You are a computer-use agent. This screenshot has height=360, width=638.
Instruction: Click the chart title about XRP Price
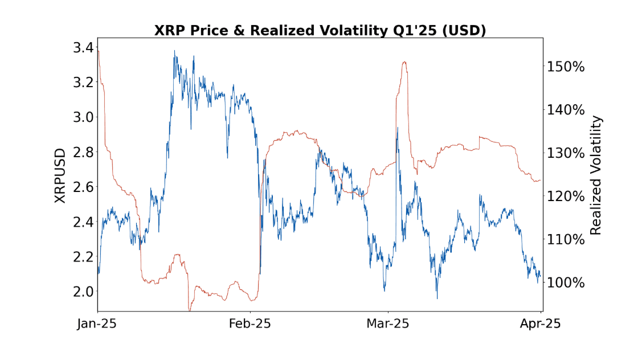320,30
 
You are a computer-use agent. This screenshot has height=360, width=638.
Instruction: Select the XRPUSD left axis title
60,175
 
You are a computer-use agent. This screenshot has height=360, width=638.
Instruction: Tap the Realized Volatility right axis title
596,175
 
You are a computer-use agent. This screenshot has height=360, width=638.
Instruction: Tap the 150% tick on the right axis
566,67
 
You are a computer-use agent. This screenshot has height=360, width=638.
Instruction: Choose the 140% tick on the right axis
566,110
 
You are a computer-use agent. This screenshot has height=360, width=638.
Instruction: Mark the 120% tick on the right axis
566,197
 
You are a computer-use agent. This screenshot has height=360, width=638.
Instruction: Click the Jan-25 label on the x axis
97,324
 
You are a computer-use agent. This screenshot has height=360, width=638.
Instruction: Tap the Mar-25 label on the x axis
388,324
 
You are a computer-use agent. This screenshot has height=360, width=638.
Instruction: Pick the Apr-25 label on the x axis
540,324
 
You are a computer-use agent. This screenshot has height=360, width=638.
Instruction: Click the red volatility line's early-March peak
404,62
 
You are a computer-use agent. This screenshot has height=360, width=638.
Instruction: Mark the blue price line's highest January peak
174,51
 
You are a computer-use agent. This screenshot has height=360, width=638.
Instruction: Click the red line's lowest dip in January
190,310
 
